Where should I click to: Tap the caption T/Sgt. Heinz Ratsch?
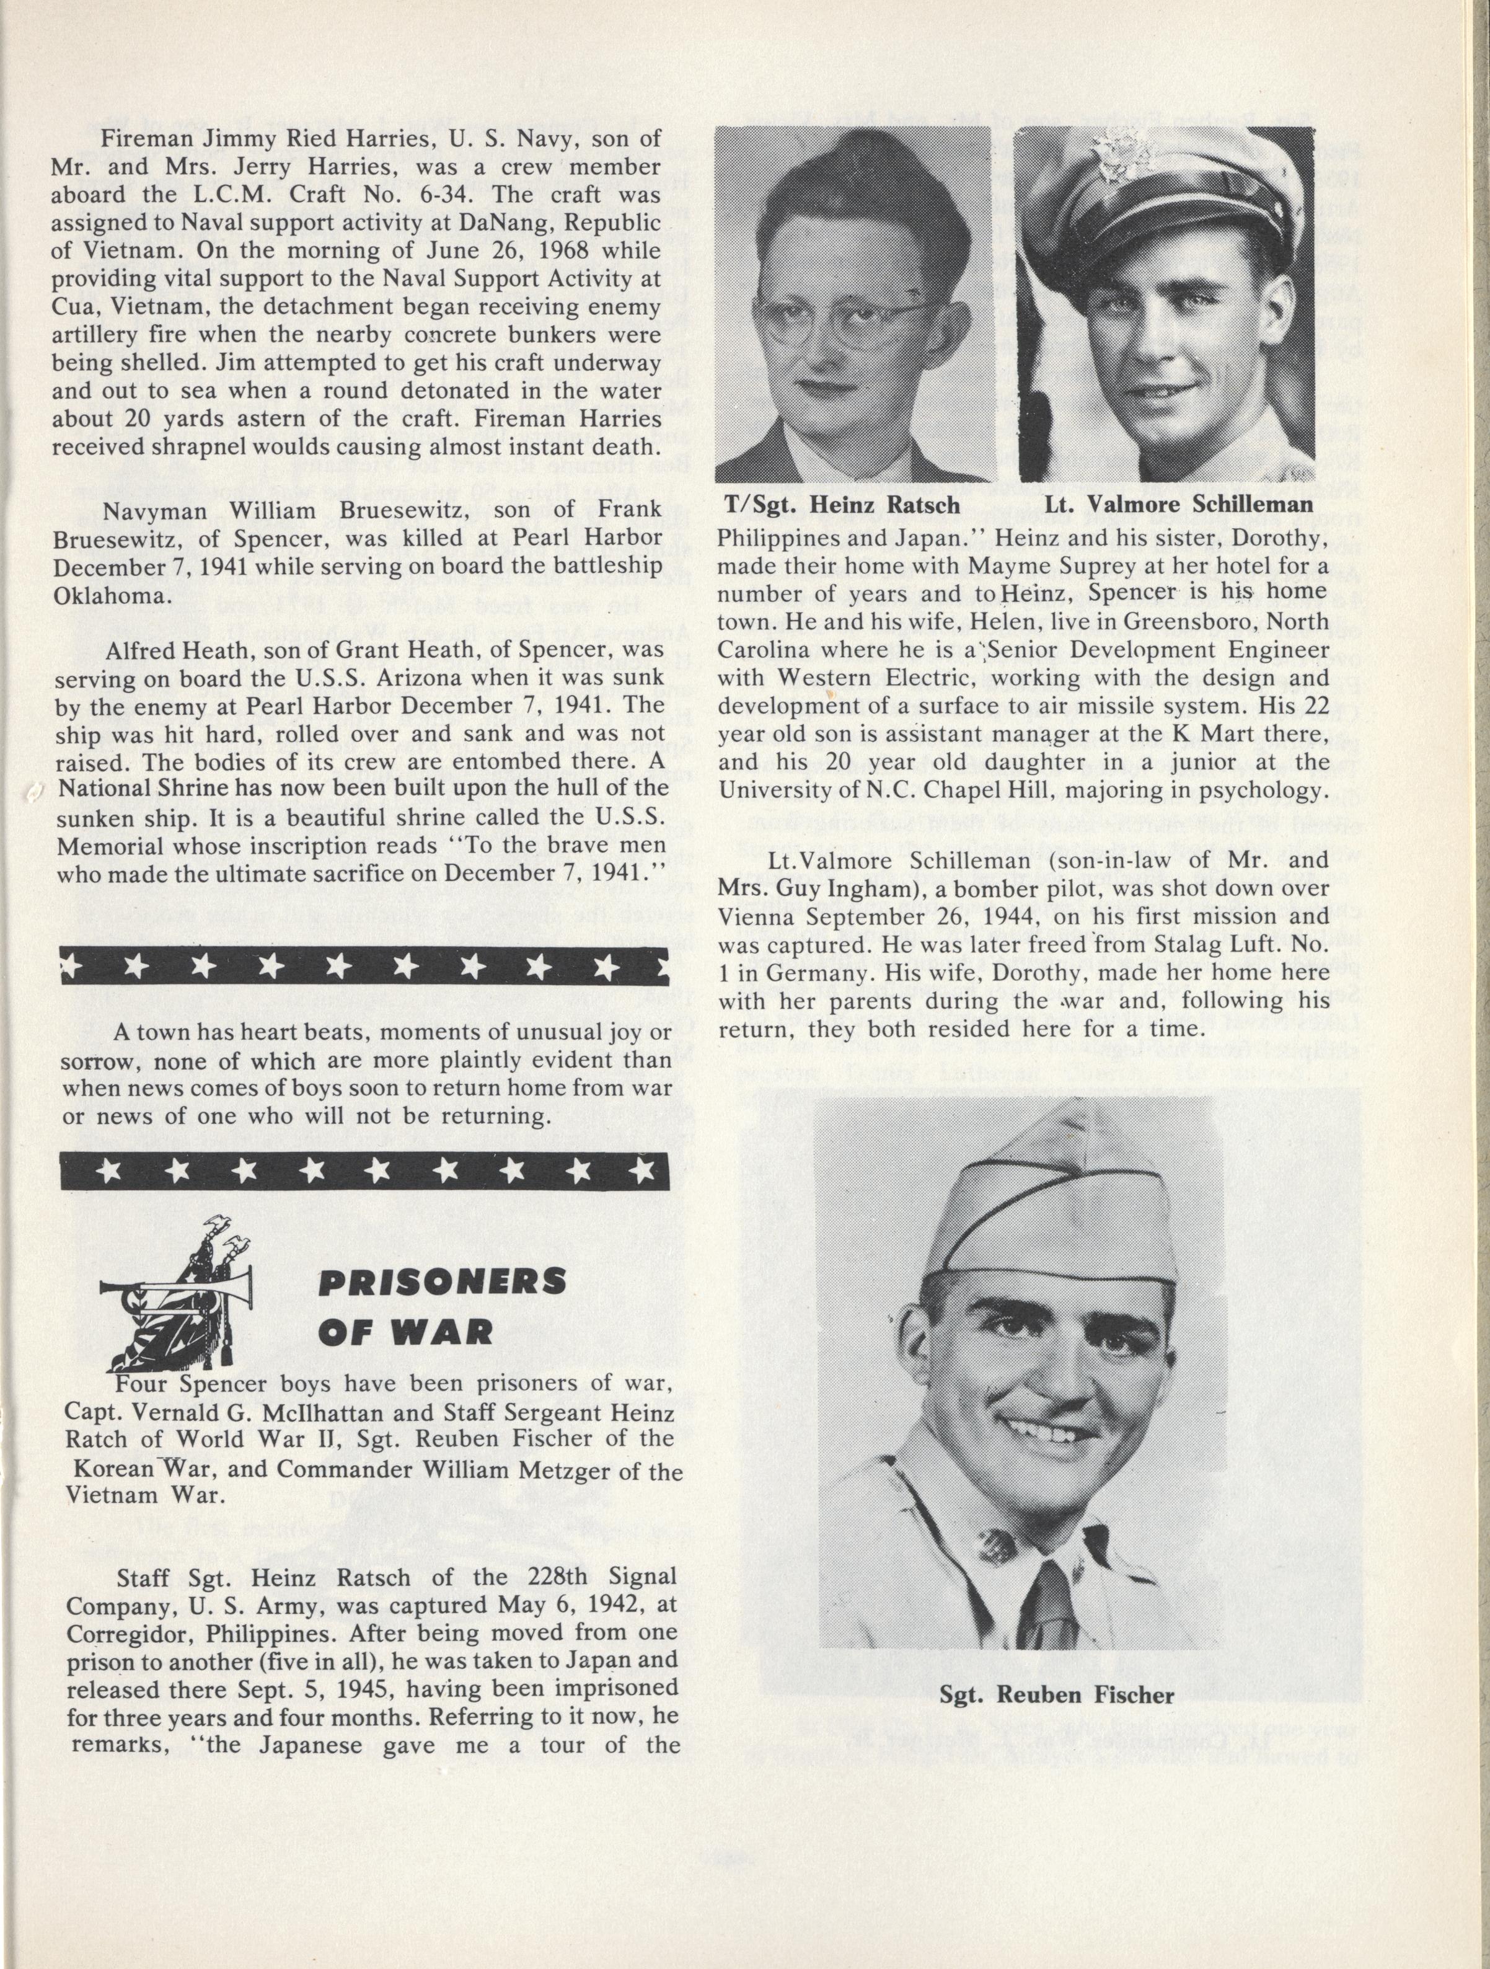(842, 505)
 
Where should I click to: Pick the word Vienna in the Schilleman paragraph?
(762, 916)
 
